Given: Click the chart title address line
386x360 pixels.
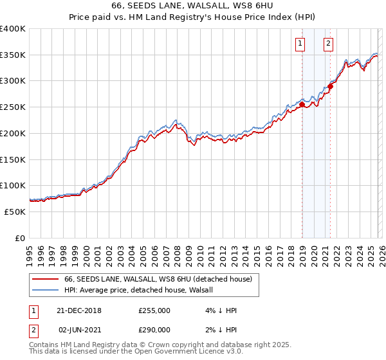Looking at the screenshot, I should pos(193,6).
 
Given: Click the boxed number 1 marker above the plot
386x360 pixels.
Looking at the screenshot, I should pos(300,44).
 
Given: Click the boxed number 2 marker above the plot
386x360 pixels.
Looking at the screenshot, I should pos(328,44).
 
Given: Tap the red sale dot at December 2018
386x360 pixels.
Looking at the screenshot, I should pos(302,104).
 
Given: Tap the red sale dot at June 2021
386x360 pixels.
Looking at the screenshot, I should pos(330,86).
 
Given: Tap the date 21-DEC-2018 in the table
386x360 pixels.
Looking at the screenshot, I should pos(78,310).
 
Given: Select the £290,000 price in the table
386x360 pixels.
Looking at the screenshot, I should pos(154,329).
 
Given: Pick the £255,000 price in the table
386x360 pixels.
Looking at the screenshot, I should pos(154,310).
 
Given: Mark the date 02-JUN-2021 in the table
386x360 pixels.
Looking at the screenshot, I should pos(78,329).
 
